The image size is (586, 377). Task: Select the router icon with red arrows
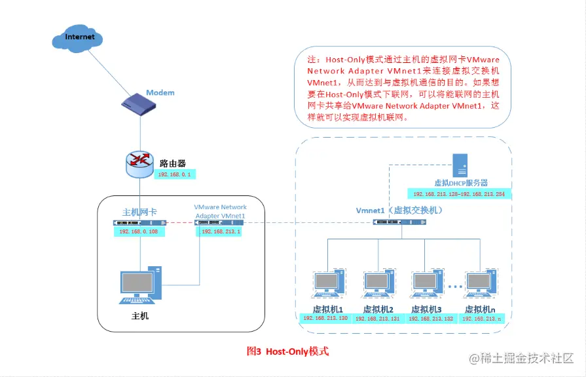tap(139, 161)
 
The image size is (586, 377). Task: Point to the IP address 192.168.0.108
tap(139, 231)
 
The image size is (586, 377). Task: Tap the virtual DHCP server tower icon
tap(461, 164)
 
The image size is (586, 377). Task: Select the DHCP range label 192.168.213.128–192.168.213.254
tap(458, 195)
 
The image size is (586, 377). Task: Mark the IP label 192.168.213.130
tap(325, 318)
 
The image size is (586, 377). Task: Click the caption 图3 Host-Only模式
tap(287, 351)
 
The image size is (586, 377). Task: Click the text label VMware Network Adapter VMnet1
tap(220, 211)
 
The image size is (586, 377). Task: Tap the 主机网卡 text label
tap(139, 212)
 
